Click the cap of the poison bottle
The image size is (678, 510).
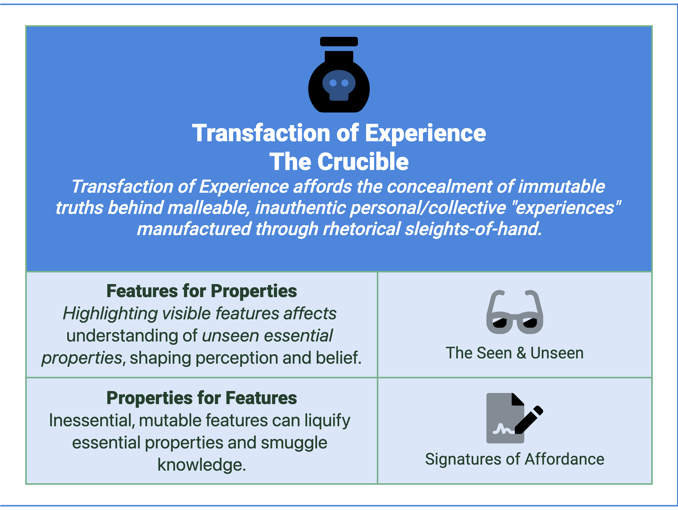pyautogui.click(x=339, y=41)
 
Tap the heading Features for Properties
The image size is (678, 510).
pyautogui.click(x=201, y=291)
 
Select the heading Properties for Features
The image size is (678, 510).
pyautogui.click(x=201, y=398)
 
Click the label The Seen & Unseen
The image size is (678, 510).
pyautogui.click(x=515, y=353)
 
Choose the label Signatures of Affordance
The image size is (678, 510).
pyautogui.click(x=515, y=459)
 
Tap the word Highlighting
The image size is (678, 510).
pyautogui.click(x=110, y=314)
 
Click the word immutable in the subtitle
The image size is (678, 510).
pyautogui.click(x=561, y=187)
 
